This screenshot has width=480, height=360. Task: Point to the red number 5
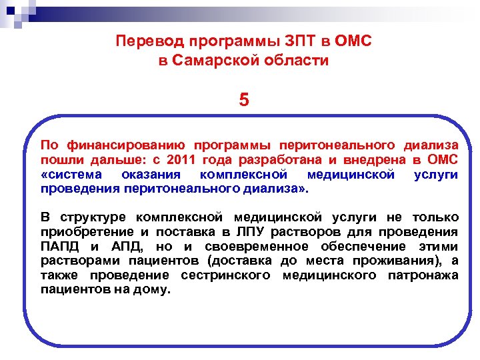click(244, 101)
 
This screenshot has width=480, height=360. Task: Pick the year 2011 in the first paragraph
click(183, 160)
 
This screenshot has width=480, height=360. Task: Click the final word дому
click(155, 290)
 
